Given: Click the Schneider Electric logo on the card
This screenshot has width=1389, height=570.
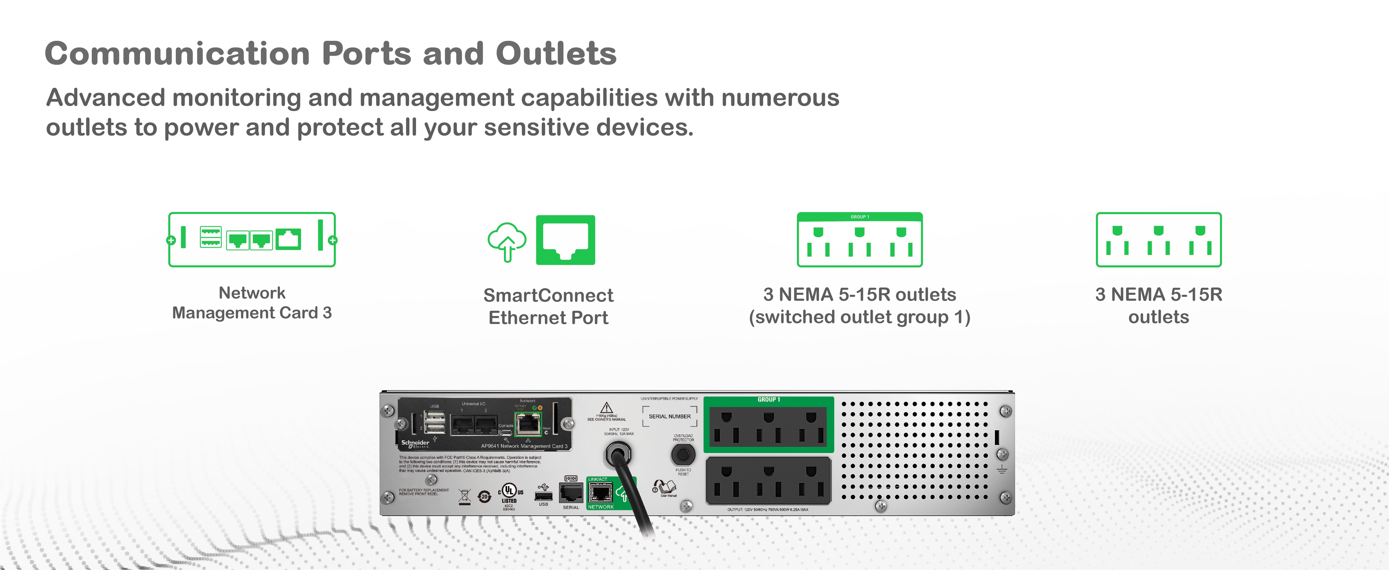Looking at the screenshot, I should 415,444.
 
